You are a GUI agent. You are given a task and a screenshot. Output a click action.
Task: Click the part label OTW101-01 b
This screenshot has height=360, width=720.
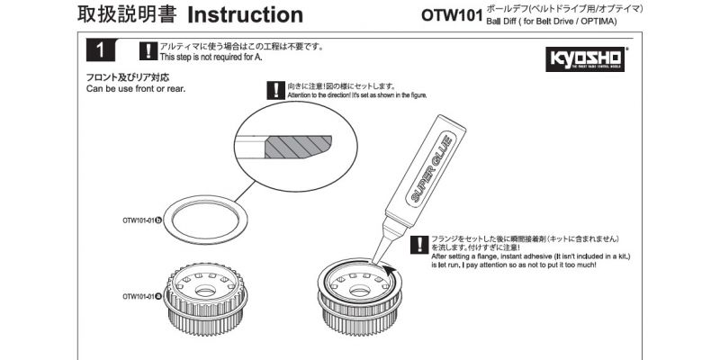[142, 219]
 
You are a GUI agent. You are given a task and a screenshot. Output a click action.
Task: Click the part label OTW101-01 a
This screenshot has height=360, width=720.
[142, 295]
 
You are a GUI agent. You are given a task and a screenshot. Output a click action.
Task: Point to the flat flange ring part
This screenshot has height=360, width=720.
[208, 220]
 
